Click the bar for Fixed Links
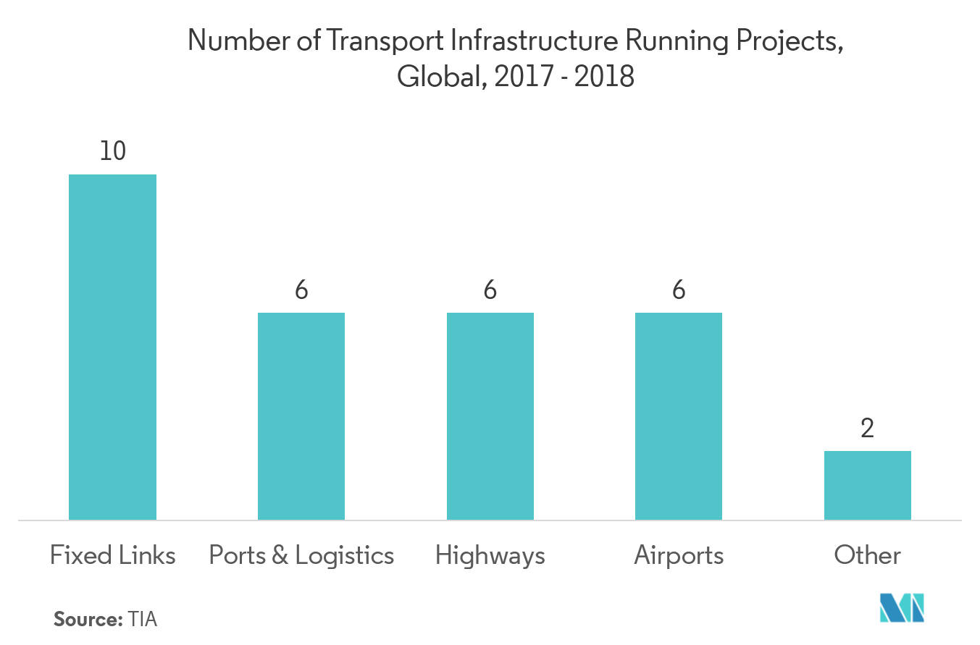click(112, 347)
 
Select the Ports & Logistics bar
click(301, 416)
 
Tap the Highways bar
click(490, 416)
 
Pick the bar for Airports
click(679, 416)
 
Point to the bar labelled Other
click(867, 485)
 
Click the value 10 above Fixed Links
click(112, 151)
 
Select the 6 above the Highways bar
click(490, 290)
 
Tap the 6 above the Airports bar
click(679, 290)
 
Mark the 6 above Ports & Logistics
click(301, 290)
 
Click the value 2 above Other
click(867, 429)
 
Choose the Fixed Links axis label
click(112, 555)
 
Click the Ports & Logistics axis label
click(301, 555)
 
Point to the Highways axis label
click(490, 556)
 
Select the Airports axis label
click(679, 555)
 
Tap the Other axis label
click(867, 555)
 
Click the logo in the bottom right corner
click(902, 607)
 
